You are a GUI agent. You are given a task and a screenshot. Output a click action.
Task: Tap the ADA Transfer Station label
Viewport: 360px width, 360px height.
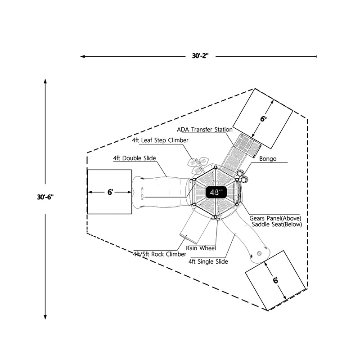(x=205, y=130)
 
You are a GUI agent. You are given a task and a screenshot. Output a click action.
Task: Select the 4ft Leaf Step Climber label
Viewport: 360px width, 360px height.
(x=160, y=140)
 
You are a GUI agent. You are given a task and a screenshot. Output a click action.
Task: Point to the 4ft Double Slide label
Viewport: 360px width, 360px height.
(x=135, y=158)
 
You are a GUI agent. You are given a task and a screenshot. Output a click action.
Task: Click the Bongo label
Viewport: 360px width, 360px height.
(x=268, y=159)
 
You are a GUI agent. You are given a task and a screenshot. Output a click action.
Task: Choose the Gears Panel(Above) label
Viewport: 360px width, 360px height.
(x=275, y=218)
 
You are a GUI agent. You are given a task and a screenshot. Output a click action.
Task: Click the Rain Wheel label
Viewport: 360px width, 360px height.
(x=201, y=248)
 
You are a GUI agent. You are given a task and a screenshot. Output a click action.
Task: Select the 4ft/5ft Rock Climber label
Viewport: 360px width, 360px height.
(x=153, y=254)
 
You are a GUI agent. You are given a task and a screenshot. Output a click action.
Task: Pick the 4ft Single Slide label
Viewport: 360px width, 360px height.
(x=208, y=261)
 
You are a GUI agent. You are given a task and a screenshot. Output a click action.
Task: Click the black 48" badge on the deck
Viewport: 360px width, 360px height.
(x=216, y=192)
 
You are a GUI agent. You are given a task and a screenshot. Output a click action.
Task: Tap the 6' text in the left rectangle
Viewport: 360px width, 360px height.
(x=110, y=192)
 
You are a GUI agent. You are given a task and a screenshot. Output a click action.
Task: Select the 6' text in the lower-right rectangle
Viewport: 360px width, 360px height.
(x=275, y=280)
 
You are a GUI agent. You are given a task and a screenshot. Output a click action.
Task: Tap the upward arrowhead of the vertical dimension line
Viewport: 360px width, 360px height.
(x=45, y=81)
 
